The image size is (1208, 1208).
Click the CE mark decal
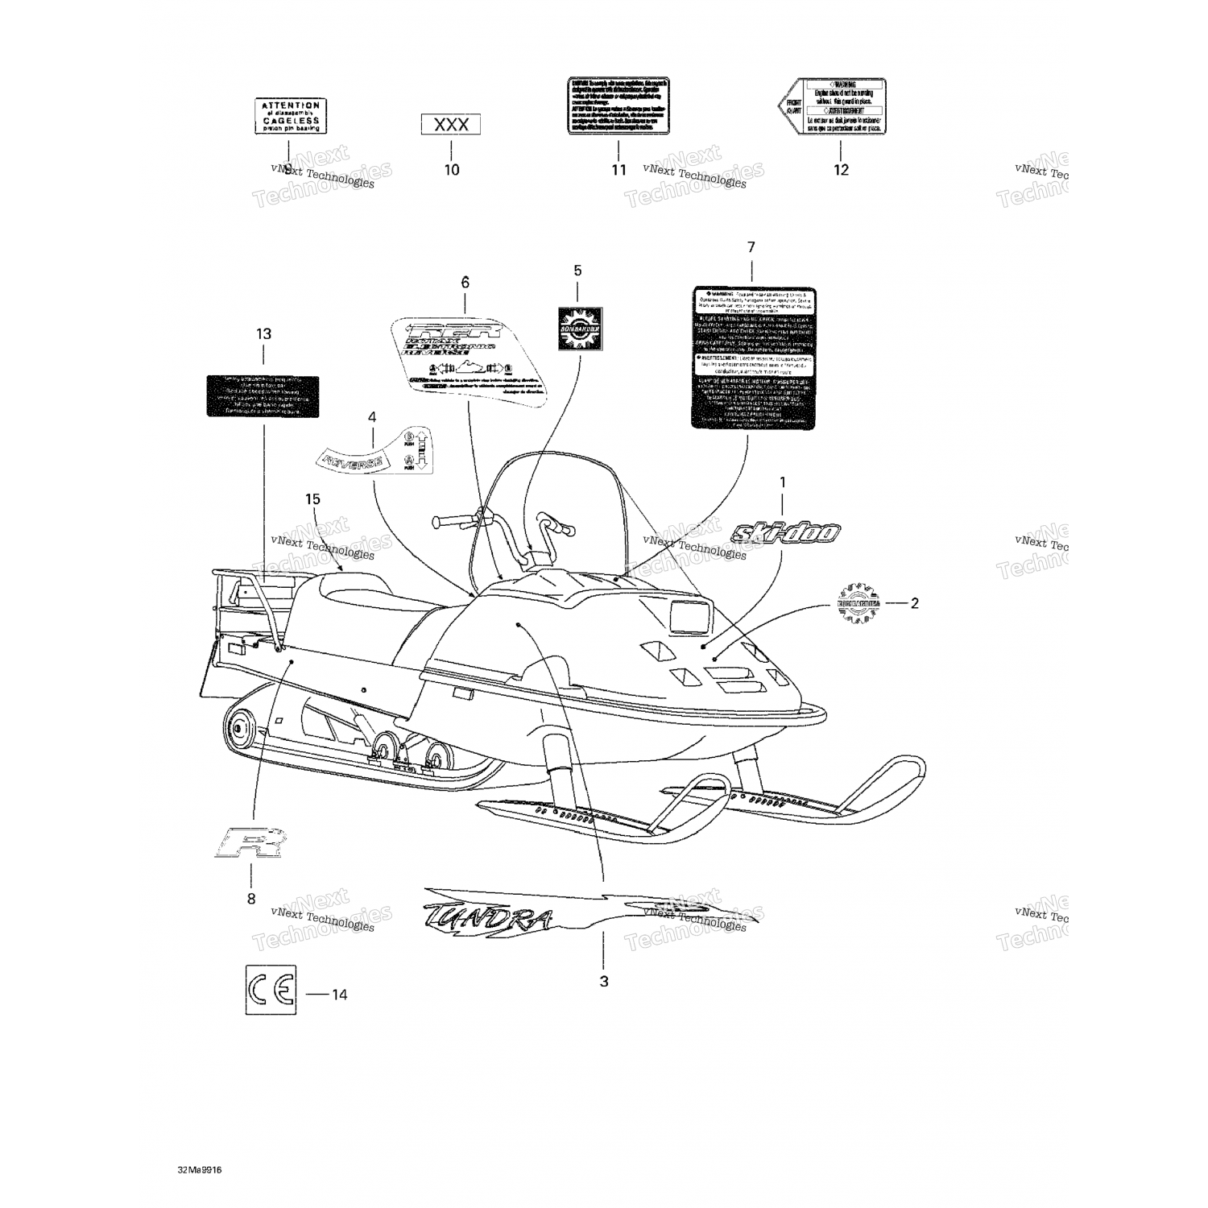(x=271, y=990)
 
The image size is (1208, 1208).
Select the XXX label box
(x=451, y=125)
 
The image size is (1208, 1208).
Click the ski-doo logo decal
(x=786, y=532)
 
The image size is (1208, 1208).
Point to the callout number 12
(x=841, y=170)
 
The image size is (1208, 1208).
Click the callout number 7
(x=751, y=246)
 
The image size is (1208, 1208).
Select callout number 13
(x=263, y=333)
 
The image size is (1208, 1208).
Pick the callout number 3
(x=604, y=981)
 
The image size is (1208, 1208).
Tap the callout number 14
(x=340, y=995)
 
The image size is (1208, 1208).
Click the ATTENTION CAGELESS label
(x=288, y=116)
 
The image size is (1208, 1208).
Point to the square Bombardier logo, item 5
(x=580, y=329)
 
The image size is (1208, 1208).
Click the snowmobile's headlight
(x=687, y=618)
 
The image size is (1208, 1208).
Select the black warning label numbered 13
(x=263, y=395)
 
